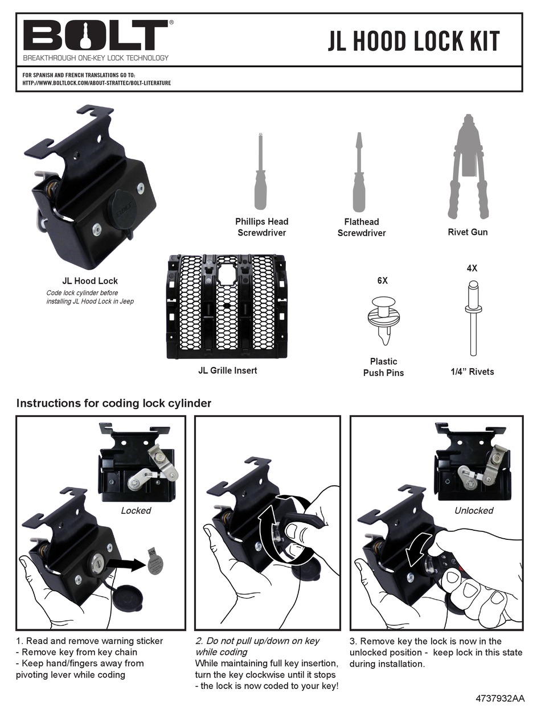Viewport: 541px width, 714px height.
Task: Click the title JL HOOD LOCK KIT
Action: pos(413,41)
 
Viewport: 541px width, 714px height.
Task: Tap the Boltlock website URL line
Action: pos(96,82)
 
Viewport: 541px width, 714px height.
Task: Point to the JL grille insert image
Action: pos(227,307)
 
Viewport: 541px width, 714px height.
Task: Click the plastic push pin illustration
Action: pos(382,319)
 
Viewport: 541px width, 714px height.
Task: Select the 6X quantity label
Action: pos(382,280)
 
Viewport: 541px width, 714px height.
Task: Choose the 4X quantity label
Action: pos(472,268)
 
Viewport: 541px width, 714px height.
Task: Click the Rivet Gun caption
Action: pos(468,232)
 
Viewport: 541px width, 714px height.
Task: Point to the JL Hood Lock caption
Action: pos(90,280)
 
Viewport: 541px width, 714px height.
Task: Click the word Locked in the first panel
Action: pos(136,510)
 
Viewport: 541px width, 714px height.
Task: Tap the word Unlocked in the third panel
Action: pos(473,510)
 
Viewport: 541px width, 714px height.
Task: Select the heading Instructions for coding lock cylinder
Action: pos(114,403)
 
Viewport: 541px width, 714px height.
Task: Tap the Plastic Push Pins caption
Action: pos(383,367)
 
